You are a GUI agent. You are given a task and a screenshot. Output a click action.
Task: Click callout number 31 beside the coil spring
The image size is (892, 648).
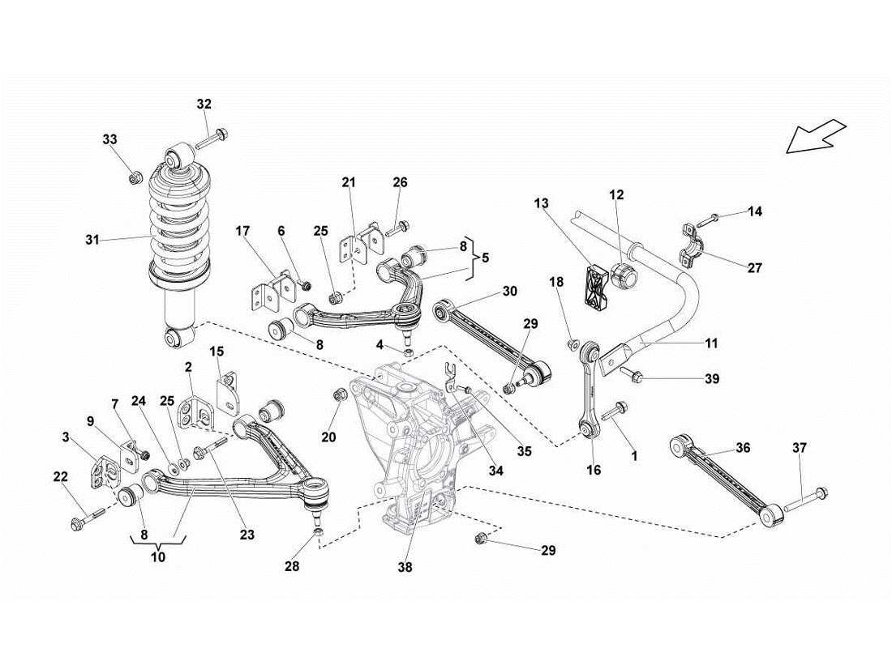[x=92, y=239]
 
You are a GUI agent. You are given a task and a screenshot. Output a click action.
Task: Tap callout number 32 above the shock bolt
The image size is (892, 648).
[x=204, y=104]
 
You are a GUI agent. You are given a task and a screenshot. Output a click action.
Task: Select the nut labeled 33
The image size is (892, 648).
[x=136, y=175]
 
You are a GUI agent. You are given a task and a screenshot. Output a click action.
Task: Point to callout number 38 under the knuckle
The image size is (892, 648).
[x=405, y=567]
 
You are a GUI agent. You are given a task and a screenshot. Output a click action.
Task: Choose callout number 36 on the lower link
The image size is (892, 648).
[x=743, y=447]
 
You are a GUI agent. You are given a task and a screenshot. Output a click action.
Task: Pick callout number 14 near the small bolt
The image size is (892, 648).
[x=754, y=211]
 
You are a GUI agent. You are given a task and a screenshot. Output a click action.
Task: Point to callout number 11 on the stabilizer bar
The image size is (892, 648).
[x=710, y=343]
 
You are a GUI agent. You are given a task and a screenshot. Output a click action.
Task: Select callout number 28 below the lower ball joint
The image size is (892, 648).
[x=291, y=567]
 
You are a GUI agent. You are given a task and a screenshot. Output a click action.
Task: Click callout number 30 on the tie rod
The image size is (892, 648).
[x=508, y=291]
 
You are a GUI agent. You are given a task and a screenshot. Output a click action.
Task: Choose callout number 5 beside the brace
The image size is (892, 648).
[x=485, y=259]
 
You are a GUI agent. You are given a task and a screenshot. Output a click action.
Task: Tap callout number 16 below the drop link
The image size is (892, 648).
[x=594, y=470]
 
